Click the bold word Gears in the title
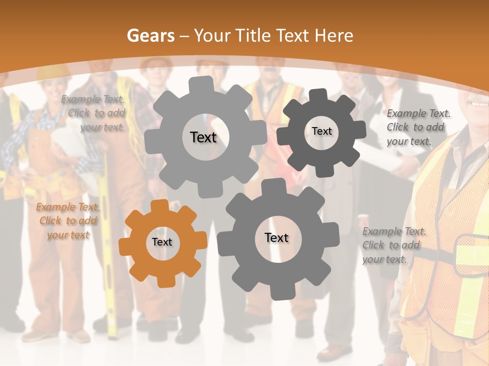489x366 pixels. (150, 36)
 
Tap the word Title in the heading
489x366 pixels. (253, 36)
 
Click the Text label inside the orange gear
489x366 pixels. (162, 242)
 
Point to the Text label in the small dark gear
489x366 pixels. (321, 131)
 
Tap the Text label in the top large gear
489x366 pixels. (203, 137)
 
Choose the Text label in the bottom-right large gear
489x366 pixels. (277, 238)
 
